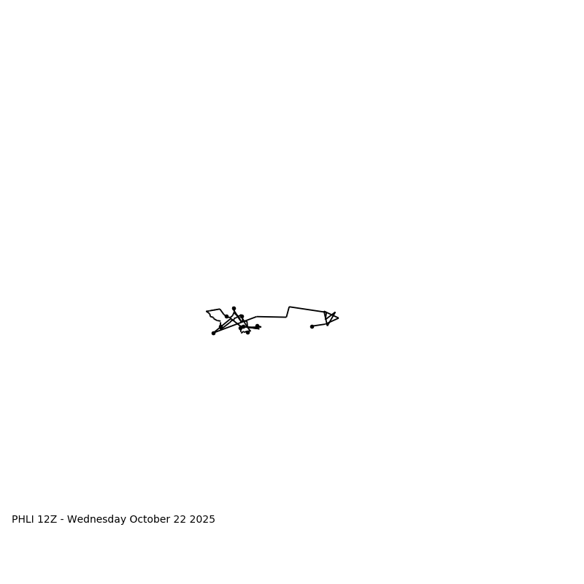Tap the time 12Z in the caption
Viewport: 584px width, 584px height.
(47, 520)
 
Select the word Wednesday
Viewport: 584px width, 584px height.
(96, 520)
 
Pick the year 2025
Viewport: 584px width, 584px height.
(202, 520)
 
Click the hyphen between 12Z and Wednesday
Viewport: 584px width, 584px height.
(61, 520)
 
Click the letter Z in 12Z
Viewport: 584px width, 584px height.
(53, 520)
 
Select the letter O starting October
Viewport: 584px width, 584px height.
(134, 520)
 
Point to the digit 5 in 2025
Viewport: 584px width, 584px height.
(212, 520)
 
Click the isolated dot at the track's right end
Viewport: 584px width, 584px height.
(312, 326)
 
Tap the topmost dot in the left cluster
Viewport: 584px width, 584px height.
(234, 308)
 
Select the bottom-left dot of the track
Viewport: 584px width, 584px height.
(213, 333)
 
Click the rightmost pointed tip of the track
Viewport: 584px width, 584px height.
(338, 318)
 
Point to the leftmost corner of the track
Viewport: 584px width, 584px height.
(207, 312)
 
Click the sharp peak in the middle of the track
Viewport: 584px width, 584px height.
(290, 307)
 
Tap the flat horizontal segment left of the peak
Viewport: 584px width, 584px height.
(272, 317)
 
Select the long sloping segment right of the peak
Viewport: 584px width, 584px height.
(307, 310)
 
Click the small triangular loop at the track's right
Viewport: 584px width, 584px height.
(329, 318)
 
